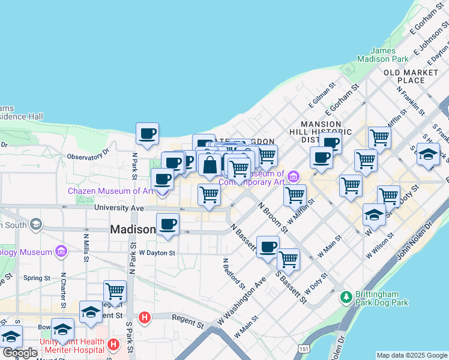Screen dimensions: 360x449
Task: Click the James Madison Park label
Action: point(382,55)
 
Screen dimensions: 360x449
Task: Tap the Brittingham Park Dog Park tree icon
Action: point(346,297)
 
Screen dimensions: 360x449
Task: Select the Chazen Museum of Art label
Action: point(111,191)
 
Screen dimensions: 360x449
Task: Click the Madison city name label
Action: point(133,230)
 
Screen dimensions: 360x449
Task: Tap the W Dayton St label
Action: point(157,253)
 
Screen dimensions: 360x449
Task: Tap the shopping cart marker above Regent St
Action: point(115,292)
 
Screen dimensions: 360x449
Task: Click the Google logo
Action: point(20,353)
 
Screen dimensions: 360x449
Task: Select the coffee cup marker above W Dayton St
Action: point(167,224)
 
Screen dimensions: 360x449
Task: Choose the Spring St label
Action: point(37,278)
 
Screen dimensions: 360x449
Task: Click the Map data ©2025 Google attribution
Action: point(412,355)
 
